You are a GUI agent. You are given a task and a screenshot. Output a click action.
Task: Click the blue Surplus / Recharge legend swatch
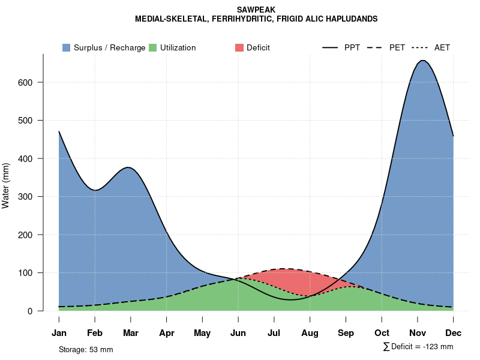coord(66,47)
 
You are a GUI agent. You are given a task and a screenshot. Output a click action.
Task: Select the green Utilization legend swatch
coord(152,47)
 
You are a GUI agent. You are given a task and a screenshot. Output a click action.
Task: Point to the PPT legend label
coord(352,47)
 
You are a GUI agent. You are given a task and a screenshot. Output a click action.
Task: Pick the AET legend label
coord(442,47)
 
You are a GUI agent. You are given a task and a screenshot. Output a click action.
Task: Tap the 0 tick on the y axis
coord(37,311)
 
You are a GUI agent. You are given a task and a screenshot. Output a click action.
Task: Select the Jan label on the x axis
coord(59,333)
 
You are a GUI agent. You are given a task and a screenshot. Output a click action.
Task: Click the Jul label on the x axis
coord(274,333)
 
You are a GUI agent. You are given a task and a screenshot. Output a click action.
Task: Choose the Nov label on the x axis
coord(418,333)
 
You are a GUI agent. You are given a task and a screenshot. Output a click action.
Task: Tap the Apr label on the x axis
coord(167,333)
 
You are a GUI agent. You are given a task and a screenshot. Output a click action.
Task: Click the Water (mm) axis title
coord(6,185)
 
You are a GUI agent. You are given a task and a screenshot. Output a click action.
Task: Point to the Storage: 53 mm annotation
coord(86,349)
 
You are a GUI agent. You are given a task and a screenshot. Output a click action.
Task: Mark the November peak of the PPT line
coord(422,61)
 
